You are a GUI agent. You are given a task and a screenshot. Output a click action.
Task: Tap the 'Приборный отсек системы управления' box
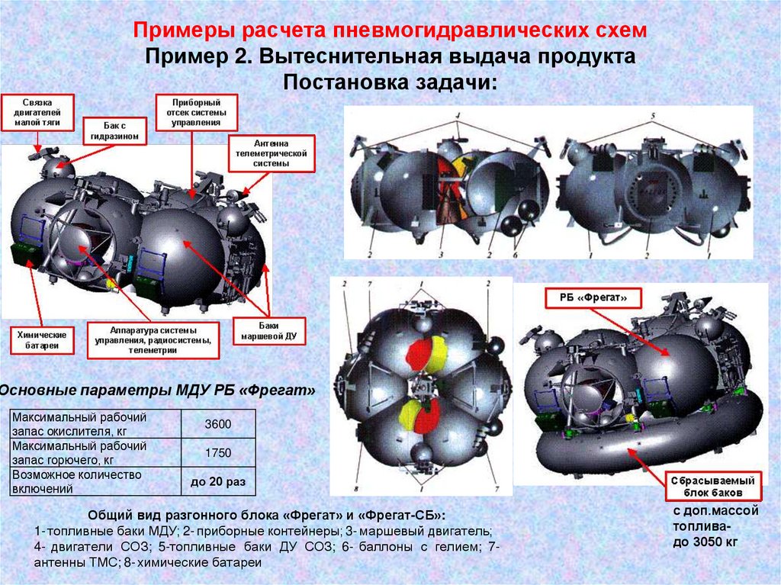(197, 111)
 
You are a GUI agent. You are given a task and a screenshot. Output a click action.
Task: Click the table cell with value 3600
(218, 424)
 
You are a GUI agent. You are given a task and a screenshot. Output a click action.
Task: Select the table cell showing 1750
(218, 452)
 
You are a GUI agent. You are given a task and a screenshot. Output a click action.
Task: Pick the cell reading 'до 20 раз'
(218, 482)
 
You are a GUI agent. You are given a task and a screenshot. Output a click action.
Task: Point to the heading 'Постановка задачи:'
(390, 82)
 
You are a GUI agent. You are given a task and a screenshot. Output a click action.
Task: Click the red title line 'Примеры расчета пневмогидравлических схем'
(390, 31)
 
